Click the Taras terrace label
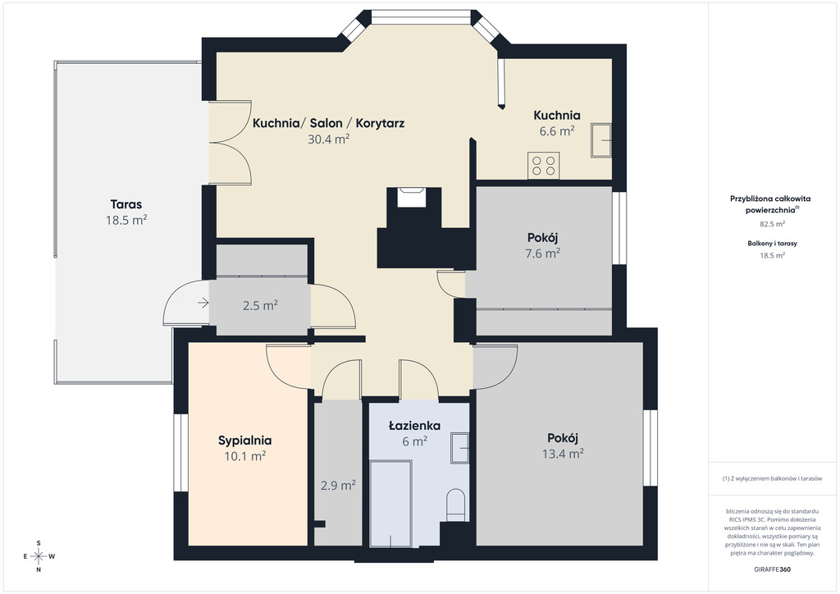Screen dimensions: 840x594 (x=126, y=204)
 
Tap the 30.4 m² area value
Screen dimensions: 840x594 (x=328, y=139)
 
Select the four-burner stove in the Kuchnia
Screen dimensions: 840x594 (x=544, y=166)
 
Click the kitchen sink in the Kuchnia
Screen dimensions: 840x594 (x=601, y=140)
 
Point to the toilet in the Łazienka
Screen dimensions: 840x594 (x=456, y=504)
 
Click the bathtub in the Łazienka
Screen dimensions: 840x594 (x=391, y=504)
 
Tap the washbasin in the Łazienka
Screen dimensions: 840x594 (x=459, y=448)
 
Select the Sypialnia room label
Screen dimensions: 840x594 (x=244, y=441)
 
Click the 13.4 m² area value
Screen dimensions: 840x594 (x=563, y=454)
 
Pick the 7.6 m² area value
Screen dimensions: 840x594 (x=543, y=254)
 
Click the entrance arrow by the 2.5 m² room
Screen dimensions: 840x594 (x=203, y=304)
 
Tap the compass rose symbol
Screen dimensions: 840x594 (x=39, y=556)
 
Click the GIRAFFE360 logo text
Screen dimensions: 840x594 (x=772, y=569)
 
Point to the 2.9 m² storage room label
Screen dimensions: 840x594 (x=338, y=485)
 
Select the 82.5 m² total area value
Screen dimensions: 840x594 (x=772, y=224)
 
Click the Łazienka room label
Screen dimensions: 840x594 (x=414, y=426)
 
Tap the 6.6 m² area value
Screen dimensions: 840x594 (x=557, y=131)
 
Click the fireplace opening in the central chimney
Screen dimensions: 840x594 (x=411, y=197)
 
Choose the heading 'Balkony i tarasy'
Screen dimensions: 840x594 (x=772, y=243)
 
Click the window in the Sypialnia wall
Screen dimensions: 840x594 (x=180, y=453)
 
